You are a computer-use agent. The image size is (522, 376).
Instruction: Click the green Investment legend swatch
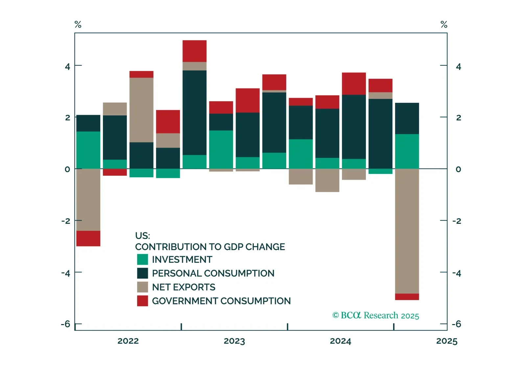pyautogui.click(x=142, y=259)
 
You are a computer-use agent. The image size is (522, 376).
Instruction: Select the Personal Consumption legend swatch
pyautogui.click(x=142, y=273)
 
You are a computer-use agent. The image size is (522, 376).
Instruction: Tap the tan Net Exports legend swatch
pyautogui.click(x=142, y=287)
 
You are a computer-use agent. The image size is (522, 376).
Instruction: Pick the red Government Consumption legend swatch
pyautogui.click(x=142, y=301)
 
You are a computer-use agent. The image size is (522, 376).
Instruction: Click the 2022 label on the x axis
pyautogui.click(x=128, y=341)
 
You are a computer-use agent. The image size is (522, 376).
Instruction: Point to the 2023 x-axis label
pyautogui.click(x=234, y=341)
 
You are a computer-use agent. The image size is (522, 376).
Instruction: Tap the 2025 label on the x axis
pyautogui.click(x=446, y=341)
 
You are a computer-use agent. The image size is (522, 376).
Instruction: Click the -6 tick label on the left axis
pyautogui.click(x=66, y=324)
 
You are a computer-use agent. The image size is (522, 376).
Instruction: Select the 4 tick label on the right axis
pyautogui.click(x=459, y=67)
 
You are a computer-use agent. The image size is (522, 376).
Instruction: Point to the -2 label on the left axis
pyautogui.click(x=66, y=221)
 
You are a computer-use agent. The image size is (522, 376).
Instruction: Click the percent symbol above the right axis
pyautogui.click(x=444, y=24)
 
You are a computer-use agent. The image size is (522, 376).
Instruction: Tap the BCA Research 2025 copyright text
pyautogui.click(x=376, y=316)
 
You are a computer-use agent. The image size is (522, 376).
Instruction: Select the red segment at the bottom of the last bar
pyautogui.click(x=407, y=297)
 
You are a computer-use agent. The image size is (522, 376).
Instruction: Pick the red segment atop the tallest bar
pyautogui.click(x=194, y=51)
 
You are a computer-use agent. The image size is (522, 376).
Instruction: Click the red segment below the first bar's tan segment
pyautogui.click(x=88, y=238)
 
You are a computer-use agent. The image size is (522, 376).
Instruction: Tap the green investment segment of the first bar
pyautogui.click(x=88, y=150)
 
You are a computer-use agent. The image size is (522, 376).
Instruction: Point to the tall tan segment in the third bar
pyautogui.click(x=141, y=110)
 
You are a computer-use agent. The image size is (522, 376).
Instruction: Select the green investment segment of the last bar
pyautogui.click(x=407, y=151)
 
